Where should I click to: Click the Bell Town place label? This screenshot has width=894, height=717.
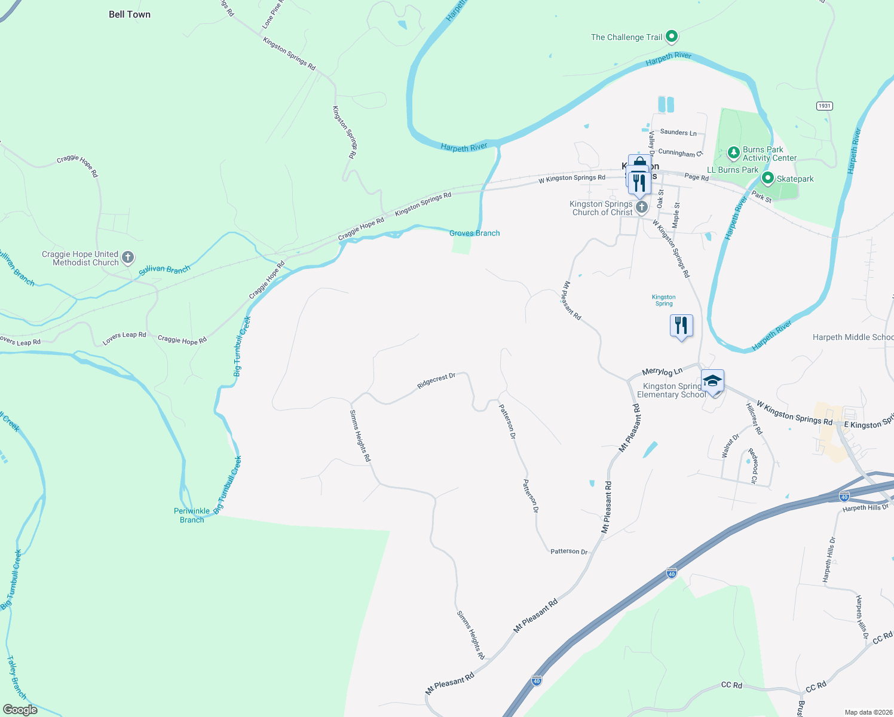click(130, 14)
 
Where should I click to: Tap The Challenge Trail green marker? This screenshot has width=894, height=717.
click(672, 36)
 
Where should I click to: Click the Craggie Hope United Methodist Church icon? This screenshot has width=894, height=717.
click(128, 258)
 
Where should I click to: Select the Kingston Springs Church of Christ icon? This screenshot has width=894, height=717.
click(642, 207)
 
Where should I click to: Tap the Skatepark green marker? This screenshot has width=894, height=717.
click(768, 179)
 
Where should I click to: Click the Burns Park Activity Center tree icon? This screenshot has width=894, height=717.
click(734, 153)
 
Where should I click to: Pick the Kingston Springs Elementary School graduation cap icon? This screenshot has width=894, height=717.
click(712, 381)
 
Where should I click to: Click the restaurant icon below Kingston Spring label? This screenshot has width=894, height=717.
click(681, 326)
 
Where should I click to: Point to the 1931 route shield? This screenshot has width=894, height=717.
click(824, 106)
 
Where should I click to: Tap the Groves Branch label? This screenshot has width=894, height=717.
click(474, 233)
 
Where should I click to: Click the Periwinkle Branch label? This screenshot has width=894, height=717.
click(192, 515)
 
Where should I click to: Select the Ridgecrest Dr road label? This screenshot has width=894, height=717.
click(436, 381)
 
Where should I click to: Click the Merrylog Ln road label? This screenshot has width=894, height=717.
click(662, 372)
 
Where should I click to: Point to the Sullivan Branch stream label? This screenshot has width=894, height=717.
click(164, 270)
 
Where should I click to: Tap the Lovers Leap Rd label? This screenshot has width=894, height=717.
click(124, 338)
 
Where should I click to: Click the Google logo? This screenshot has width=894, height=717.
click(20, 710)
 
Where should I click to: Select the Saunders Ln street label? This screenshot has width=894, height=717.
click(678, 133)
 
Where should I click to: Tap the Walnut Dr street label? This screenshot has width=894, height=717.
click(730, 446)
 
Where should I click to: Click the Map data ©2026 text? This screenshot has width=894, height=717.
click(866, 712)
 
